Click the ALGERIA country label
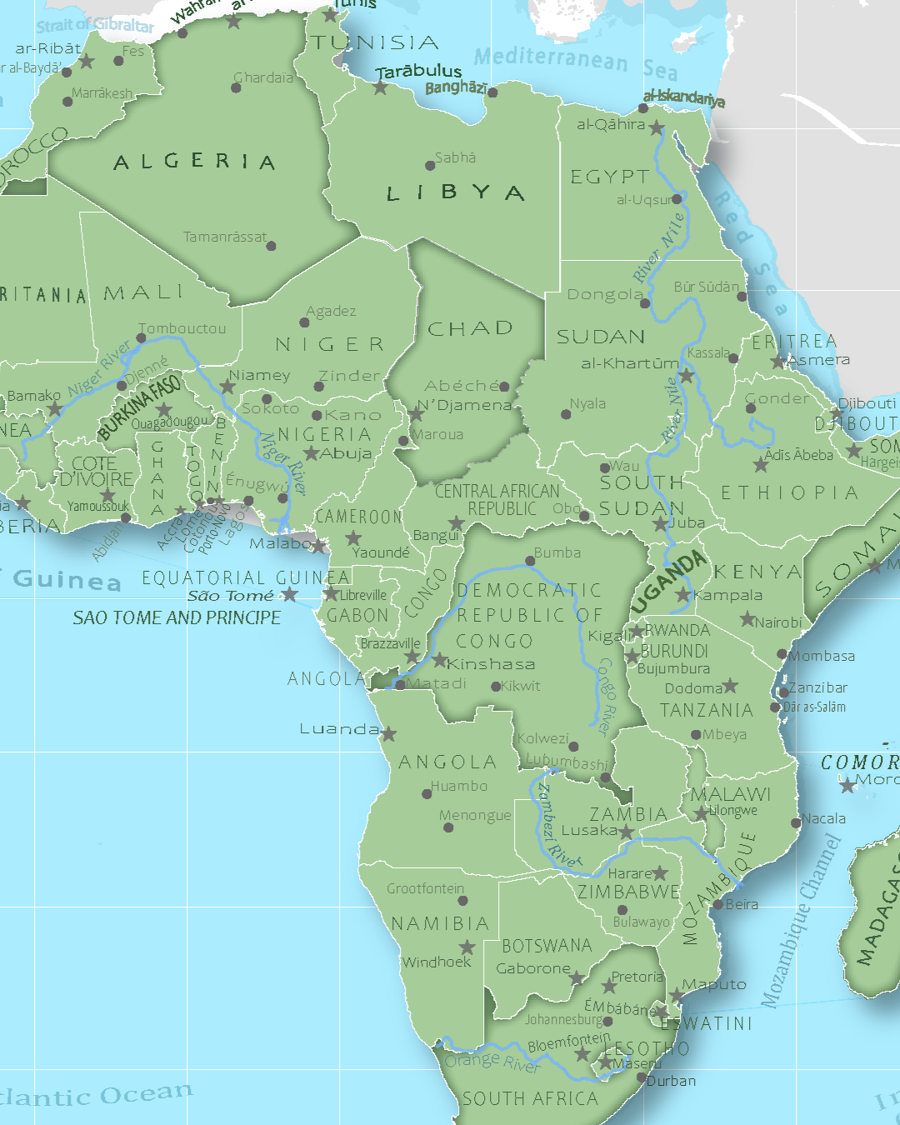[194, 162]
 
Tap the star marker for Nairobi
[747, 620]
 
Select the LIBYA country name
[455, 193]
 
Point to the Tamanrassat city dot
[271, 246]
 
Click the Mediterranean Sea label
[575, 62]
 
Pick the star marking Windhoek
[467, 947]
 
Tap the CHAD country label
[470, 329]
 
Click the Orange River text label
[492, 1062]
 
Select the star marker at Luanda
[388, 733]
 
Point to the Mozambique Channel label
[802, 921]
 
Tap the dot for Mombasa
[782, 654]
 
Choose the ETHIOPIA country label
[788, 493]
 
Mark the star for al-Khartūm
[686, 376]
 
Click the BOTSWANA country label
[547, 946]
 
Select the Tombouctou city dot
[141, 338]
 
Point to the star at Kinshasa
[440, 661]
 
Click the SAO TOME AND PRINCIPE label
[177, 617]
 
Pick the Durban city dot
[641, 1077]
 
